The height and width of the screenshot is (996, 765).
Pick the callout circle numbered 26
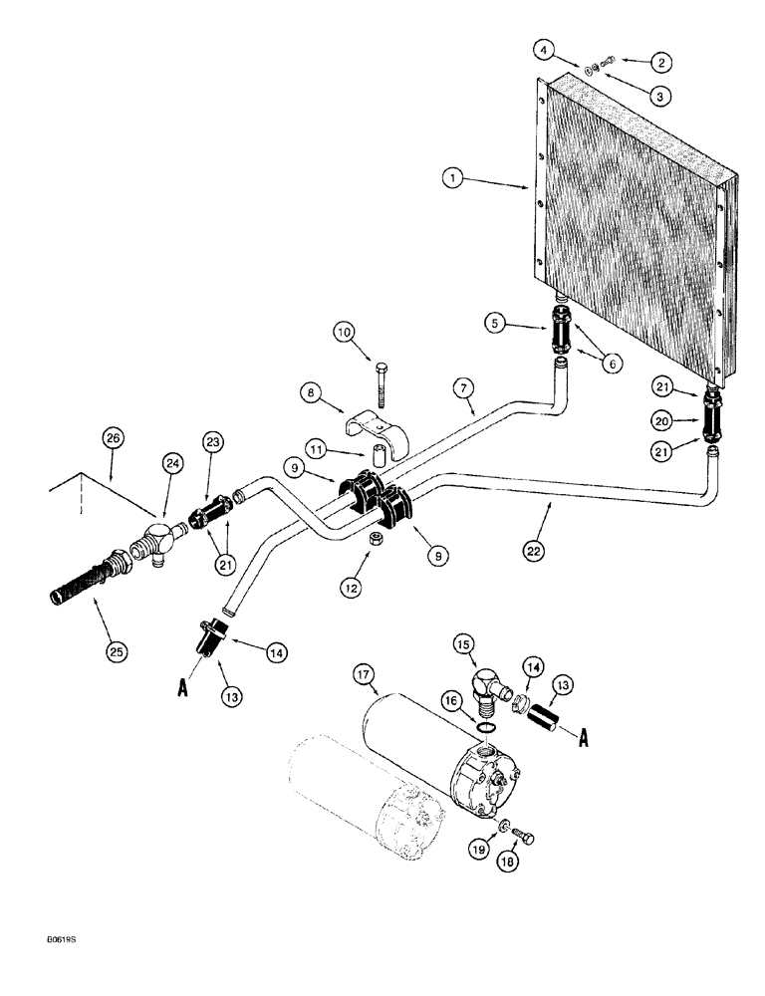tap(113, 434)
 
